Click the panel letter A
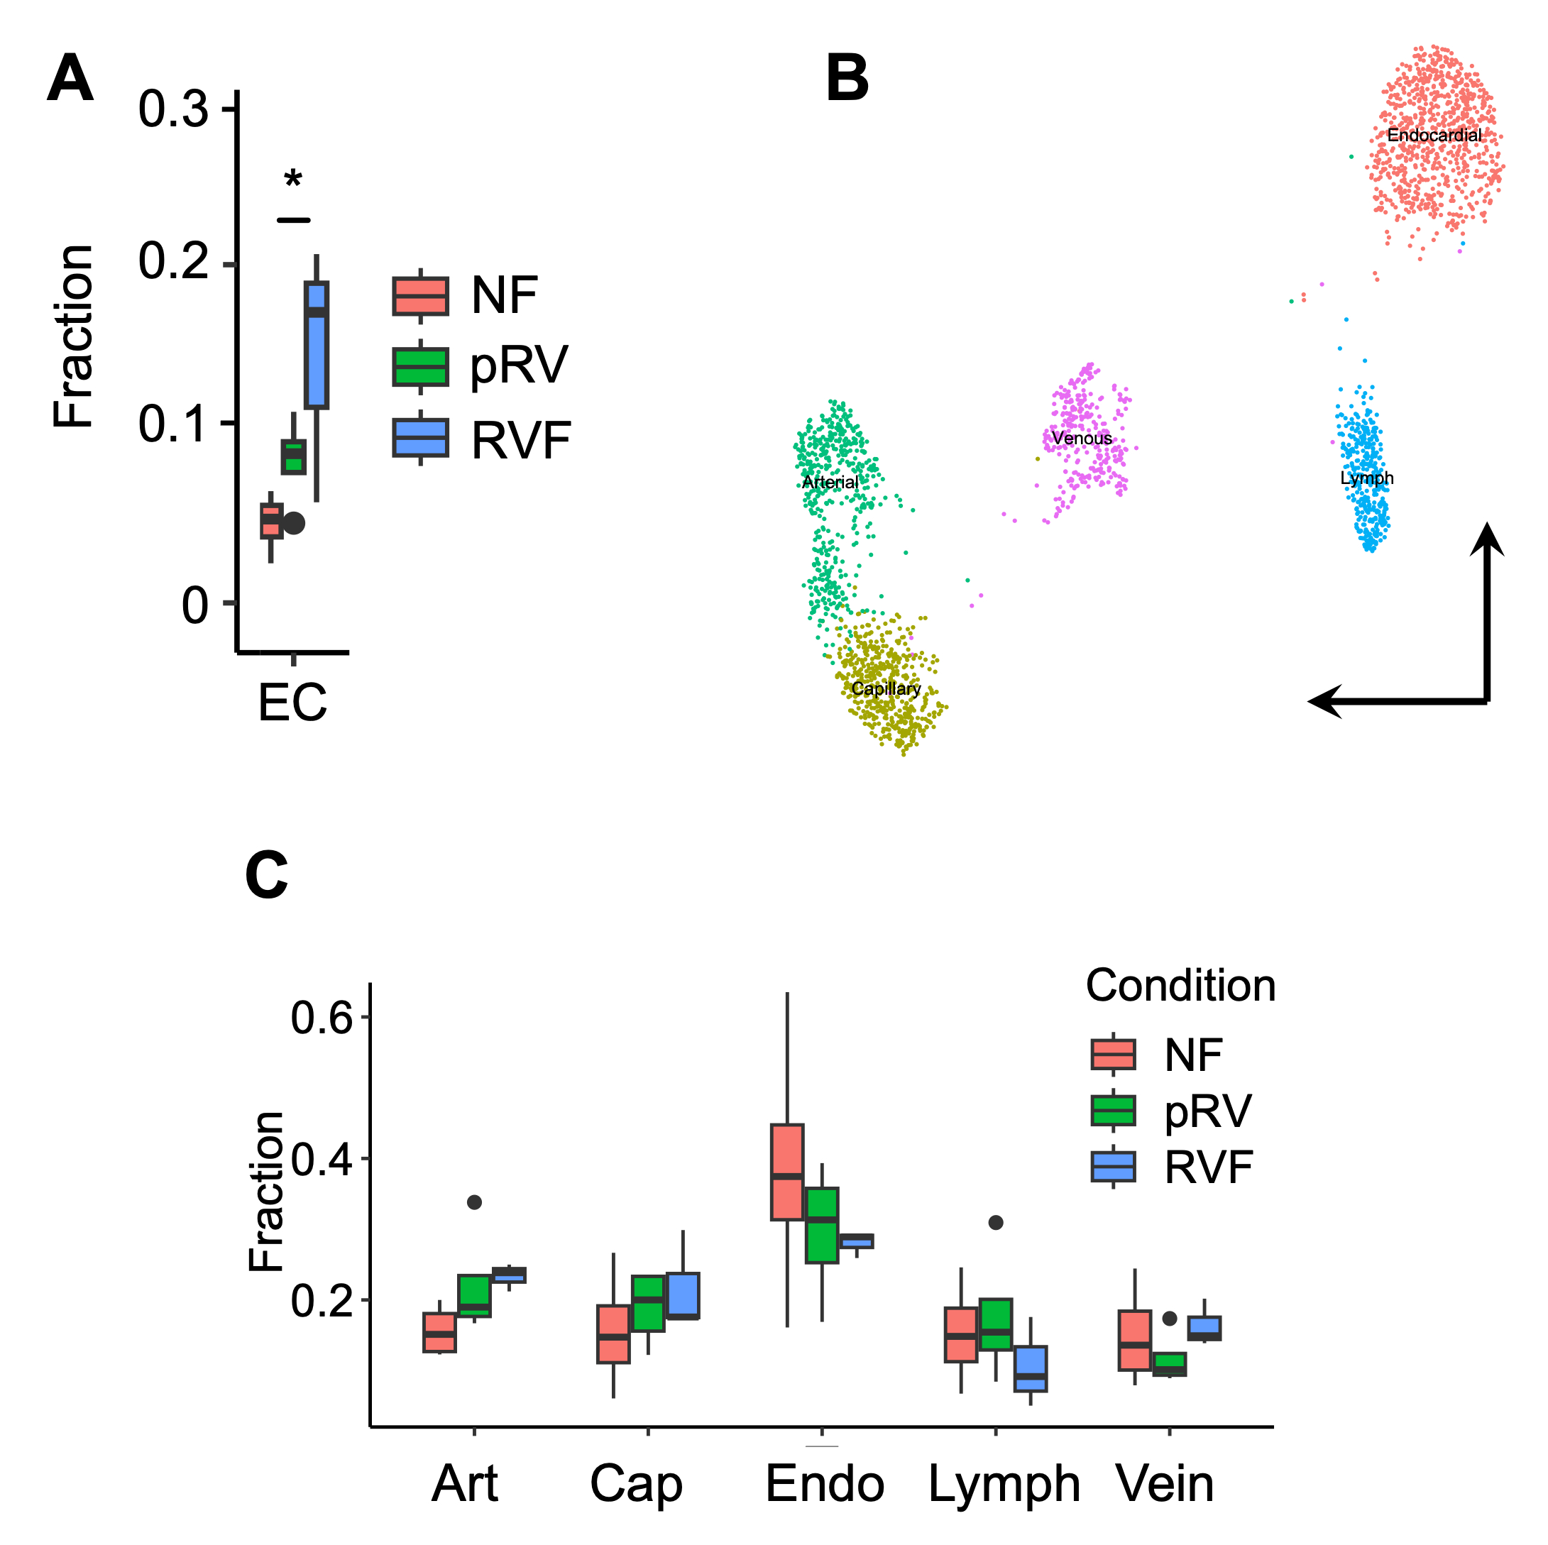click(x=70, y=79)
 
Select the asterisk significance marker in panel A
click(x=293, y=179)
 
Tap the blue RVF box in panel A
click(x=317, y=345)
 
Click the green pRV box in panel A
click(x=293, y=457)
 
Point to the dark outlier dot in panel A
click(x=294, y=523)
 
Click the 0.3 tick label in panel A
click(x=173, y=109)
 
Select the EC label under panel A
click(x=292, y=703)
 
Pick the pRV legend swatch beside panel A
click(x=420, y=367)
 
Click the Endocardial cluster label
click(x=1434, y=136)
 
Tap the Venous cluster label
click(x=1082, y=439)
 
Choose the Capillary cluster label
click(x=885, y=688)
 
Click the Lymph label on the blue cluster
click(x=1367, y=478)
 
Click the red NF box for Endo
click(x=787, y=1172)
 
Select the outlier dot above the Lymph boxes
click(x=995, y=1222)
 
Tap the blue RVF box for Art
click(x=509, y=1275)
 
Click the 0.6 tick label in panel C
click(x=322, y=1018)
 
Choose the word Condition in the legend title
click(x=1180, y=986)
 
